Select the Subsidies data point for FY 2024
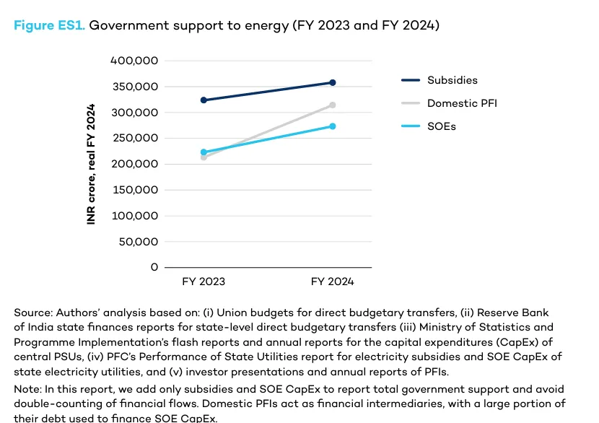(x=333, y=82)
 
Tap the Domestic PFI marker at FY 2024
(x=333, y=105)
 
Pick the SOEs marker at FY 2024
(x=333, y=126)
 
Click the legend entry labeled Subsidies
(x=452, y=80)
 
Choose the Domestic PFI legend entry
(x=462, y=103)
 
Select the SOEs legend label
(x=441, y=126)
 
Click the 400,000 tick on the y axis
(x=134, y=61)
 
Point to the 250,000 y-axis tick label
(x=134, y=138)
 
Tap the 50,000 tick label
(x=137, y=241)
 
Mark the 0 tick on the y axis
(x=154, y=267)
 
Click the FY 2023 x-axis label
(x=203, y=282)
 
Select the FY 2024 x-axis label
(x=333, y=282)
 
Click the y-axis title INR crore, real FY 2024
(x=92, y=164)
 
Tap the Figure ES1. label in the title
(x=50, y=25)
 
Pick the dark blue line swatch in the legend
(x=410, y=80)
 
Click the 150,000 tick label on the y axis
(x=134, y=190)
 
